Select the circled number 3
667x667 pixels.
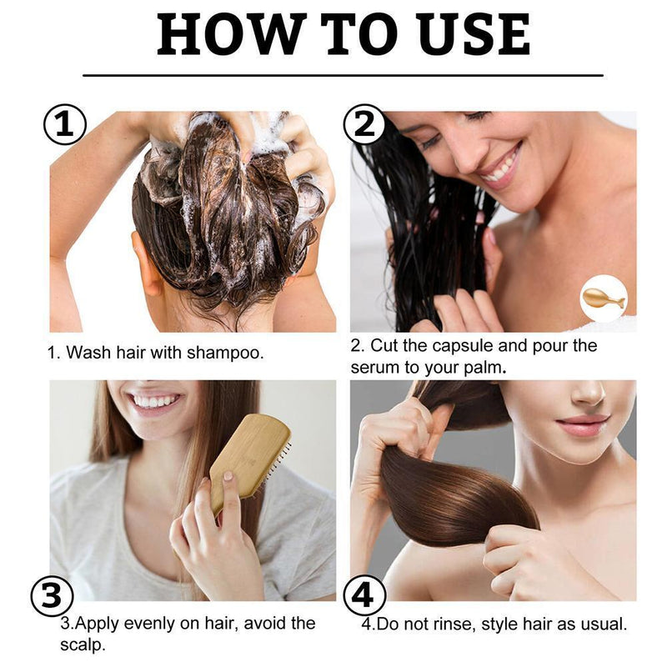pyautogui.click(x=53, y=597)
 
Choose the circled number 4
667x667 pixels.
pyautogui.click(x=364, y=597)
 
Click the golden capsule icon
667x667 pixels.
pyautogui.click(x=603, y=298)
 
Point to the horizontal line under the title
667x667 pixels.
pyautogui.click(x=343, y=75)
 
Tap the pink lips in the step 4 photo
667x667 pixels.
pyautogui.click(x=583, y=425)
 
